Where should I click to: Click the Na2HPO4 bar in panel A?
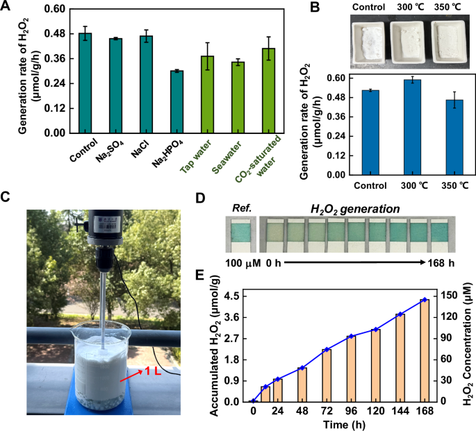point(177,101)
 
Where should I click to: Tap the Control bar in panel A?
point(85,83)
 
